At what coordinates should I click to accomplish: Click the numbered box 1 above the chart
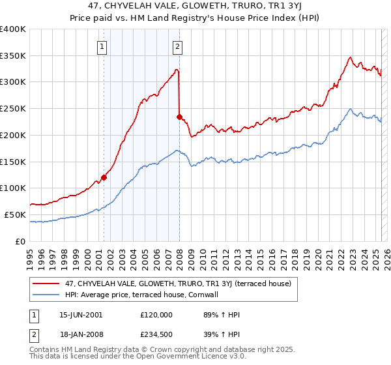click(104, 46)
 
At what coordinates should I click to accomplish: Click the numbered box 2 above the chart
click(177, 46)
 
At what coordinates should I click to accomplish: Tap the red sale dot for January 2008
click(179, 117)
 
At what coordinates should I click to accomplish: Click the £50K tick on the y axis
click(16, 214)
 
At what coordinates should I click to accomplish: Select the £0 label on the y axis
click(22, 241)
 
